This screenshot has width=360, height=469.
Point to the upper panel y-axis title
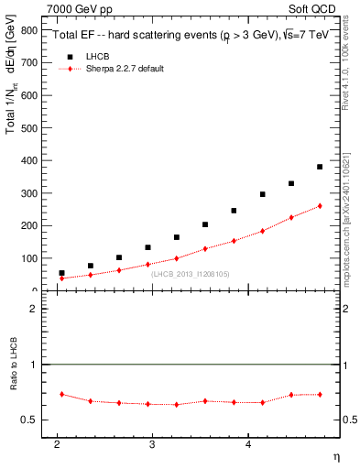coord(13,92)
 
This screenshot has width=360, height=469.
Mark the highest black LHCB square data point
coord(320,167)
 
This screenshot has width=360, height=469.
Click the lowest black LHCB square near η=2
coord(61,273)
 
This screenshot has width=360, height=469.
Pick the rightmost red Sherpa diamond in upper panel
coord(320,206)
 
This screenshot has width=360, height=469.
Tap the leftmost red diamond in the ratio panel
coord(61,394)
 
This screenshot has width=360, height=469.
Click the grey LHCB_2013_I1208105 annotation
coord(190,274)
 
